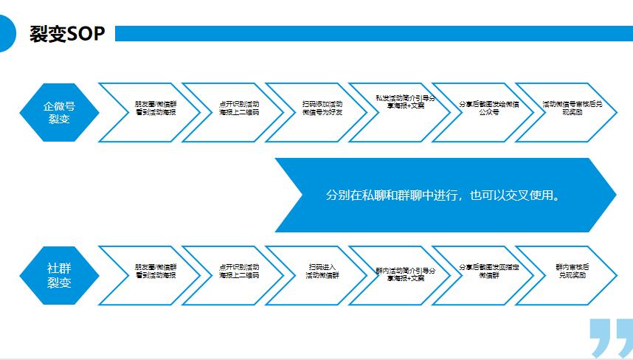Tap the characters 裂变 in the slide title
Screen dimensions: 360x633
[48, 35]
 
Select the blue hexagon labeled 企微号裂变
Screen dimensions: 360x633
[58, 111]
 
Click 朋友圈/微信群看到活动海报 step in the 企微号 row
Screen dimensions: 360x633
[155, 108]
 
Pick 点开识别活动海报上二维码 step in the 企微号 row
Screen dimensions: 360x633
[238, 108]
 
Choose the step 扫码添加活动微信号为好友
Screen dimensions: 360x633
[322, 108]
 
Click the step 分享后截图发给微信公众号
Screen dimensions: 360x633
[488, 108]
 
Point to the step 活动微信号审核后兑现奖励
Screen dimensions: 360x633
[571, 108]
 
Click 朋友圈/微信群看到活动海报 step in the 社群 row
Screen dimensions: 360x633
[155, 271]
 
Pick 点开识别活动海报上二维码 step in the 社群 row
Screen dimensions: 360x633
[238, 271]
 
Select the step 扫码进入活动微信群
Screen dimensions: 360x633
[322, 271]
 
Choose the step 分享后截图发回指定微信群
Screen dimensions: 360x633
[488, 271]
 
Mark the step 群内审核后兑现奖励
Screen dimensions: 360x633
[571, 271]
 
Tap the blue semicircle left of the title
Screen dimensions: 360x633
[7, 34]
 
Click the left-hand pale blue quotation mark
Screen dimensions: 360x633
[601, 338]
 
